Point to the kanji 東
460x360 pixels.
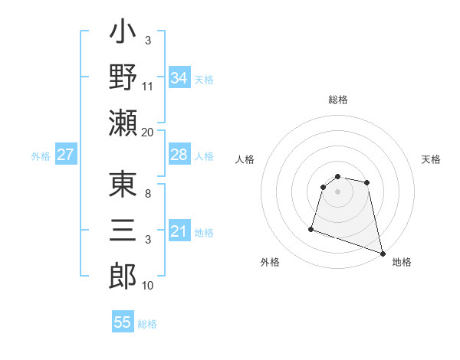pyautogui.click(x=123, y=186)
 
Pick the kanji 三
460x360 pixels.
pyautogui.click(x=123, y=230)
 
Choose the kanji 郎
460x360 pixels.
pyautogui.click(x=123, y=274)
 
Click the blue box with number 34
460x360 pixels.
pyautogui.click(x=179, y=77)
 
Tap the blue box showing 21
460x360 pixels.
pyautogui.click(x=179, y=231)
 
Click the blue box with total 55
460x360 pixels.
pyautogui.click(x=123, y=322)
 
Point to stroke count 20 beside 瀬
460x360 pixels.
pyautogui.click(x=148, y=132)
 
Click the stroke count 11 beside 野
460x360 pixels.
pyautogui.click(x=148, y=87)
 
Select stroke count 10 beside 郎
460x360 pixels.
pyautogui.click(x=148, y=286)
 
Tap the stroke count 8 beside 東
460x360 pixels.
pyautogui.click(x=148, y=195)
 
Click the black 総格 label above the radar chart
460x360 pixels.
pyautogui.click(x=337, y=100)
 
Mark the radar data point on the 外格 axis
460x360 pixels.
pyautogui.click(x=311, y=228)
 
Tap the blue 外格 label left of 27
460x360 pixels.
pyautogui.click(x=41, y=156)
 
